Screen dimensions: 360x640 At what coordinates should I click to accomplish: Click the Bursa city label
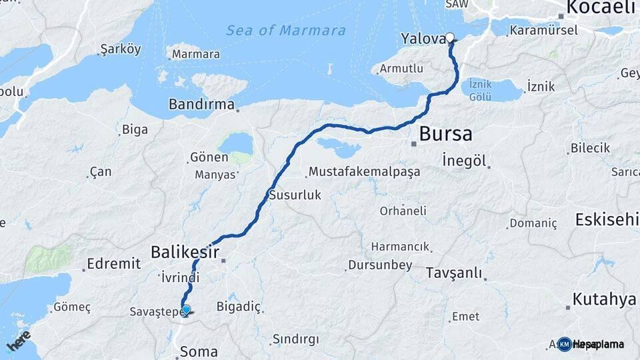pyautogui.click(x=445, y=135)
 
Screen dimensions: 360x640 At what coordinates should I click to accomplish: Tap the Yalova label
pyautogui.click(x=422, y=39)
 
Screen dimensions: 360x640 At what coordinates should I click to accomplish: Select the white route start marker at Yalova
pyautogui.click(x=450, y=37)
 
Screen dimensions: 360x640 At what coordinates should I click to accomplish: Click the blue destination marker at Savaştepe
pyautogui.click(x=187, y=309)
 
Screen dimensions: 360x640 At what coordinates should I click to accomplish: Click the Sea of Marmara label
pyautogui.click(x=285, y=31)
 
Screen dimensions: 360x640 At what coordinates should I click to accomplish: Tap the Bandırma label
pyautogui.click(x=201, y=105)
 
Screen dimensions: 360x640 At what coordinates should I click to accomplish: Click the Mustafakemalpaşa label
pyautogui.click(x=364, y=172)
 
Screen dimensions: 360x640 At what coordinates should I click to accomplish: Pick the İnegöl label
pyautogui.click(x=465, y=161)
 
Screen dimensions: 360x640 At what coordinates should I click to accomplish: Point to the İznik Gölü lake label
pyautogui.click(x=480, y=89)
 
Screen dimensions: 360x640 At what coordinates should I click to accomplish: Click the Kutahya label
pyautogui.click(x=604, y=299)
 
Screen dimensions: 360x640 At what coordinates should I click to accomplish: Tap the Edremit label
pyautogui.click(x=113, y=263)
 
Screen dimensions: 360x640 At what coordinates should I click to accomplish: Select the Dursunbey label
pyautogui.click(x=379, y=265)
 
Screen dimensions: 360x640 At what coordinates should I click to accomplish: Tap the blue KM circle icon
pyautogui.click(x=565, y=344)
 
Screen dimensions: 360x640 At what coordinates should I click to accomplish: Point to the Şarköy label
pyautogui.click(x=120, y=50)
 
